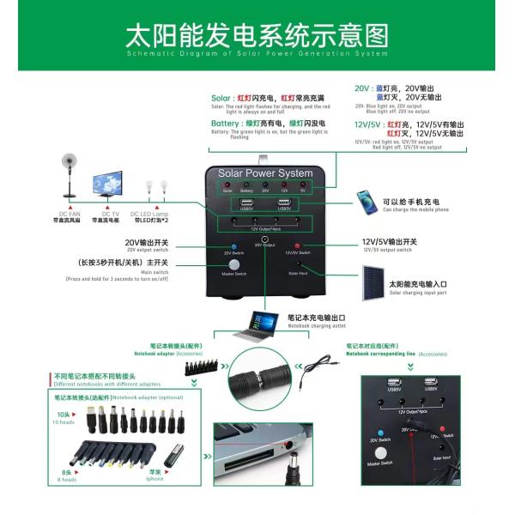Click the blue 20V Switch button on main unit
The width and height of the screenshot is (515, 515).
pyautogui.click(x=233, y=246)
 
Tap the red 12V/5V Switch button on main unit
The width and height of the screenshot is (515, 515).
pyautogui.click(x=297, y=246)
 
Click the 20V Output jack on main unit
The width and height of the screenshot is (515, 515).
pyautogui.click(x=264, y=239)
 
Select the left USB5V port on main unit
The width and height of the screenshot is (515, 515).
pyautogui.click(x=247, y=203)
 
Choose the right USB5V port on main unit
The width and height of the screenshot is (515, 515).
pyautogui.click(x=284, y=203)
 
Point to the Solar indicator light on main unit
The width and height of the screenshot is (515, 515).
pyautogui.click(x=227, y=185)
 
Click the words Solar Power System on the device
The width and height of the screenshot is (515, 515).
pyautogui.click(x=265, y=173)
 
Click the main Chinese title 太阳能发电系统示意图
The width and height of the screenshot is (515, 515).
pyautogui.click(x=257, y=36)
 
